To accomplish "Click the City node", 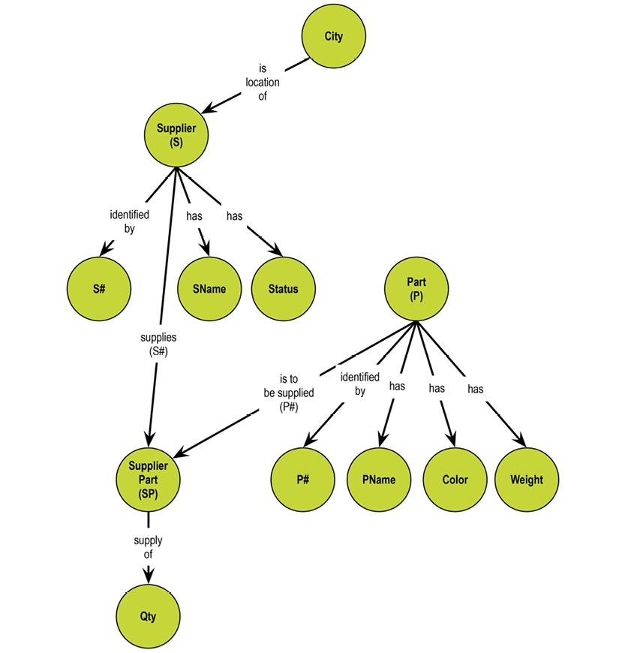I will pos(333,36).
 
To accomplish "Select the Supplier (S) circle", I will pos(176,135).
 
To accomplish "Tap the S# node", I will pos(98,288).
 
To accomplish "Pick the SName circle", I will pos(209,288).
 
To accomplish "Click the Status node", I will pos(283,288).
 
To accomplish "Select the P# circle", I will pos(302,480).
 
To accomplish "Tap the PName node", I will pos(379,480).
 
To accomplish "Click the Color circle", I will pos(455,480).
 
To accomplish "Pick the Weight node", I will pos(526,480).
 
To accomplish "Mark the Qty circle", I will pos(148,616).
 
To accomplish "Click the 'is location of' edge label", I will pos(263,83).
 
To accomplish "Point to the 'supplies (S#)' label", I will pos(158,345).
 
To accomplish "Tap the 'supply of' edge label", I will pos(148,548).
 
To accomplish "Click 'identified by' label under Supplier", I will pos(129,221).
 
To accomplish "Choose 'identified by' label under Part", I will pos(359,384).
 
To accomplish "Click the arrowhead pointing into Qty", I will pos(149,576).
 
